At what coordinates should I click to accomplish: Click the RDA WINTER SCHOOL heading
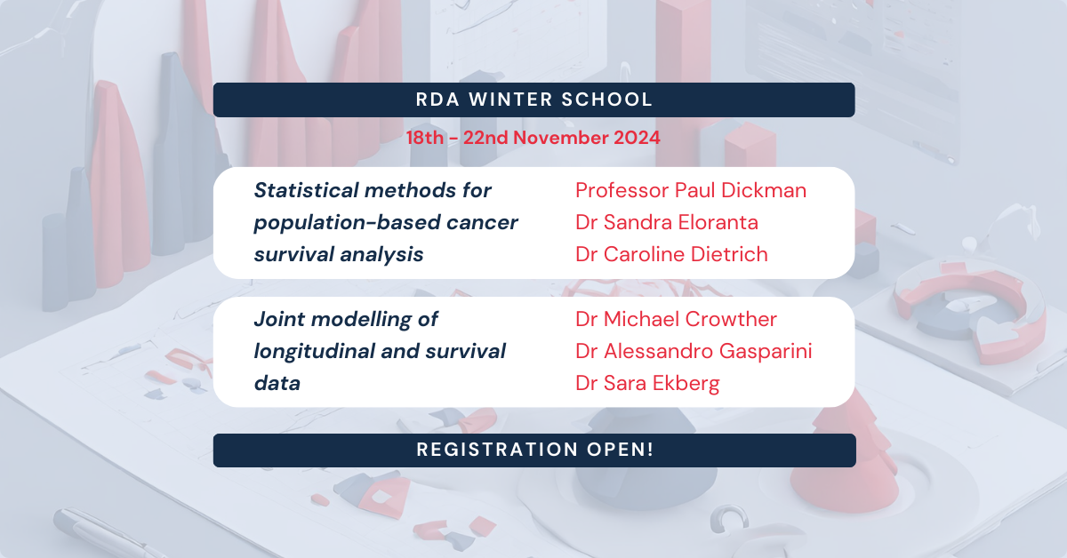tap(533, 100)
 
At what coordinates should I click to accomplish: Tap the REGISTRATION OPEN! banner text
tap(534, 450)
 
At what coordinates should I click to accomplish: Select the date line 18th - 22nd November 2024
tap(533, 138)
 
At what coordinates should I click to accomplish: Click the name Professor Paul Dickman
tap(691, 190)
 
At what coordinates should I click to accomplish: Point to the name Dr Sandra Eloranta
tap(667, 222)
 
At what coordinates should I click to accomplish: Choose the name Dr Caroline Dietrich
tap(671, 254)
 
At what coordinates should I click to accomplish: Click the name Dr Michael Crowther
tap(676, 319)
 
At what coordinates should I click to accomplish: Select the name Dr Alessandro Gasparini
tap(694, 351)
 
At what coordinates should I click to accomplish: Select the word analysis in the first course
tap(381, 254)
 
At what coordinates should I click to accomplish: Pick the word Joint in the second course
tap(280, 319)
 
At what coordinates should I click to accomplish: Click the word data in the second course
tap(277, 383)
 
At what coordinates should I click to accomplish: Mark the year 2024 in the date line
tap(635, 138)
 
